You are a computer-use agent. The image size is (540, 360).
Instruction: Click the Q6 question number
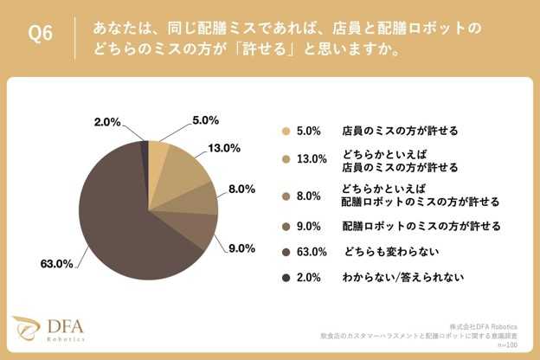tap(41, 34)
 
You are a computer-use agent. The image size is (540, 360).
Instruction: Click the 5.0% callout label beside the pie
tap(206, 120)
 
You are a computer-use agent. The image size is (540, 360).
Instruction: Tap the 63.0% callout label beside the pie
tap(57, 264)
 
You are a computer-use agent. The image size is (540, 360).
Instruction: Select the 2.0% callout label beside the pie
tap(107, 122)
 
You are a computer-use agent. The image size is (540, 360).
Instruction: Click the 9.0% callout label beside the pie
tap(241, 248)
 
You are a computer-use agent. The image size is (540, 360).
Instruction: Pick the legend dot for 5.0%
tap(286, 132)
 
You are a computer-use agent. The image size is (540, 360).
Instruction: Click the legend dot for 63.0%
tap(286, 252)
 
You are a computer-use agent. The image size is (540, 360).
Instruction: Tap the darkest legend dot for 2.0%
tap(286, 278)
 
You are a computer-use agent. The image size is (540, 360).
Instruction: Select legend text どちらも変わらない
tap(392, 252)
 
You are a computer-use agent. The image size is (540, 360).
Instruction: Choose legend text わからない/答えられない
tap(403, 277)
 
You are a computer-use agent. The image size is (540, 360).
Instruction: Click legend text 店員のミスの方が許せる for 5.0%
tap(400, 131)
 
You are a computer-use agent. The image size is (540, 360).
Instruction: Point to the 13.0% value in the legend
tap(312, 159)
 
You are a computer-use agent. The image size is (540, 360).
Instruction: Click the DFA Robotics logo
tap(48, 328)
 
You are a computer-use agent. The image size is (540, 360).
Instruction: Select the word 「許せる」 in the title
tap(265, 49)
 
